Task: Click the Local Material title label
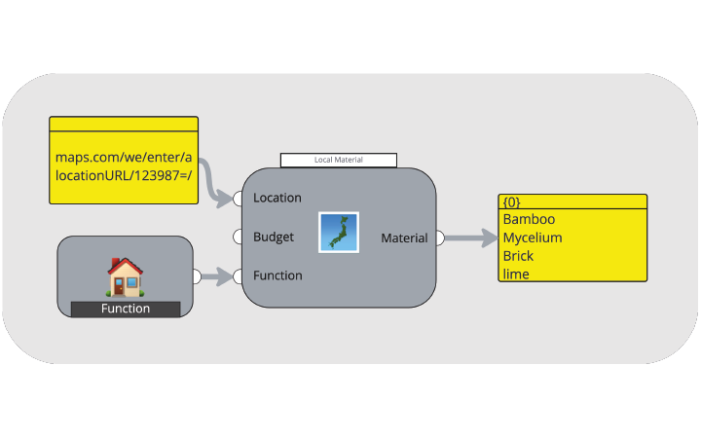[x=339, y=160]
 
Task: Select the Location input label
[x=277, y=198]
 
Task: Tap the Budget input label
[x=274, y=237]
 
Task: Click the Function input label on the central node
[x=277, y=275]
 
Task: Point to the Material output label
[x=404, y=238]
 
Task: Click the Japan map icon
[x=339, y=233]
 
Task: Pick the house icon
[x=126, y=277]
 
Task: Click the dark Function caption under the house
[x=126, y=309]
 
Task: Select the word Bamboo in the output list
[x=529, y=219]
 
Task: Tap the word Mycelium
[x=533, y=238]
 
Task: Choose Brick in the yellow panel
[x=518, y=256]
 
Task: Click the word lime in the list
[x=516, y=274]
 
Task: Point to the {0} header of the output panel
[x=511, y=202]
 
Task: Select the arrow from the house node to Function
[x=217, y=276]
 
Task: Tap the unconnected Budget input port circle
[x=238, y=237]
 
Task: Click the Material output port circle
[x=440, y=238]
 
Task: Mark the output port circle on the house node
[x=197, y=276]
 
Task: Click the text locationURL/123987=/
[x=124, y=175]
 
